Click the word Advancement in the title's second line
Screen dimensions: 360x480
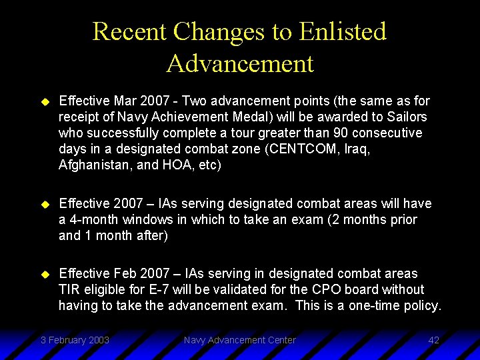coord(240,64)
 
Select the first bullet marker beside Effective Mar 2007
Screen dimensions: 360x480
coord(45,101)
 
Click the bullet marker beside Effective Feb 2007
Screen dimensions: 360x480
coord(45,274)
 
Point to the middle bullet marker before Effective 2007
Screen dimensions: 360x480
coord(45,204)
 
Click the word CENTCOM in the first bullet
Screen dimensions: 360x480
coord(296,149)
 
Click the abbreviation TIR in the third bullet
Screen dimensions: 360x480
coord(69,290)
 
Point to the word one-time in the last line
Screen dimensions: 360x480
coord(380,306)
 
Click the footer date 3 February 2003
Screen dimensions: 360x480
coord(75,340)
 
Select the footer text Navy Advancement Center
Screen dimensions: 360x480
coord(240,340)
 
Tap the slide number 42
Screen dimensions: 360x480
coord(433,340)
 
